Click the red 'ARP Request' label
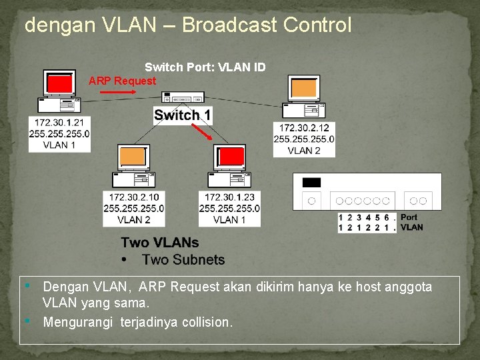[x=122, y=81]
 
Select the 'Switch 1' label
[x=182, y=115]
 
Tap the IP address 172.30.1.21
[x=59, y=123]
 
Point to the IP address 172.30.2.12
[x=304, y=128]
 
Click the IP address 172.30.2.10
[x=134, y=197]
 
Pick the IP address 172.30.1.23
[x=229, y=197]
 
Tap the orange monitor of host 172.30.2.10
[x=133, y=157]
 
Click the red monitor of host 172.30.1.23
[x=231, y=157]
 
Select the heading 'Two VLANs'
[x=159, y=243]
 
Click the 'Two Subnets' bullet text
[x=183, y=260]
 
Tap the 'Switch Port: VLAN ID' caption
[x=205, y=67]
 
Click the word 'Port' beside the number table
[x=409, y=217]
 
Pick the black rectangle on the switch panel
[x=311, y=182]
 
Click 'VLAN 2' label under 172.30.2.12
[x=304, y=151]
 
